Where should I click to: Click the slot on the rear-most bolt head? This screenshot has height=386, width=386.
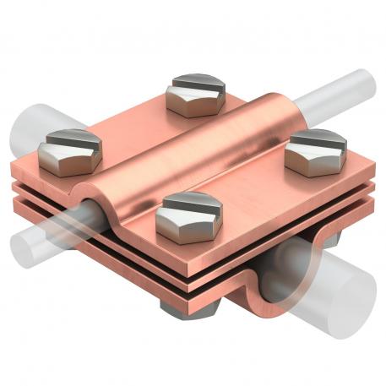[196, 83]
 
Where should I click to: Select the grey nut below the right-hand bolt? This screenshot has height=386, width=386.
[330, 238]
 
